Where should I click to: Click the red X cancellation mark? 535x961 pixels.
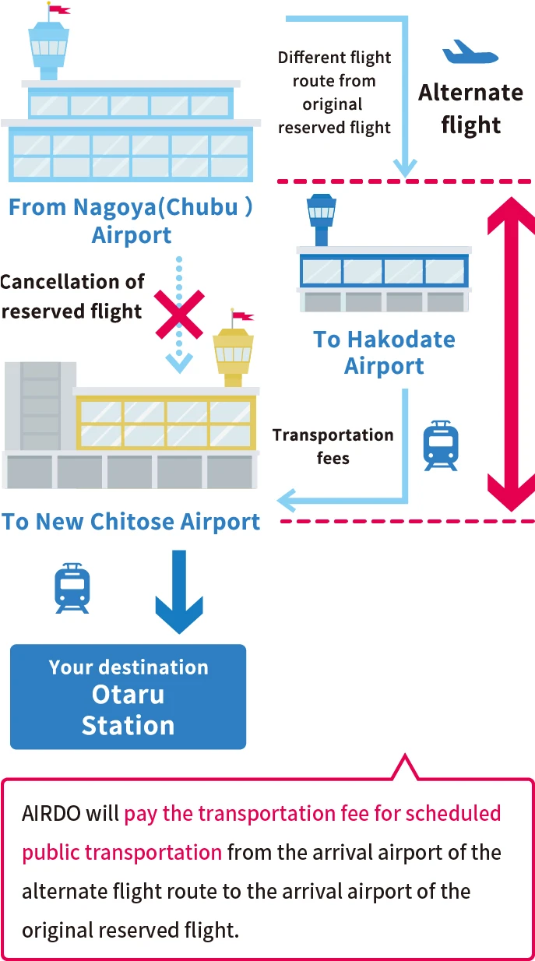coord(179,315)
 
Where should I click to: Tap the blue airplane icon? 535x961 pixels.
coord(470,52)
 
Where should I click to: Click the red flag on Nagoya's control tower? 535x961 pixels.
coord(59,9)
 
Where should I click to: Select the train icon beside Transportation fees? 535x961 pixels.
coord(441,445)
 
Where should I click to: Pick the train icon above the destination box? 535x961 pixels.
coord(72,588)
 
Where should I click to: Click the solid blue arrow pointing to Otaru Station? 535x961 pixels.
coord(179,592)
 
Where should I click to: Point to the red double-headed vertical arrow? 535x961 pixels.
coord(511,354)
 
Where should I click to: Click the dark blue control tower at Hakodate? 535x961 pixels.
coord(322,220)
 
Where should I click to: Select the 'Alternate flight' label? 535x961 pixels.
coord(470,108)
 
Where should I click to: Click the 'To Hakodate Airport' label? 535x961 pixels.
coord(384,353)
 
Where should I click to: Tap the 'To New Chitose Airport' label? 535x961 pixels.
coord(131,522)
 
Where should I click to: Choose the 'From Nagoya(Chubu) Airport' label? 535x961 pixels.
coord(131,221)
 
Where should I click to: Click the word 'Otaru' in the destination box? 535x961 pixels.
coord(128,694)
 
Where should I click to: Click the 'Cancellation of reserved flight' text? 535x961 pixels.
coord(72,297)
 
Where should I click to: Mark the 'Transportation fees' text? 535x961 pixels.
coord(333,446)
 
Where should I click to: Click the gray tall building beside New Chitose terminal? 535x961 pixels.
coord(40,407)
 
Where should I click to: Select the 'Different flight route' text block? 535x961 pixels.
coord(334,92)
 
